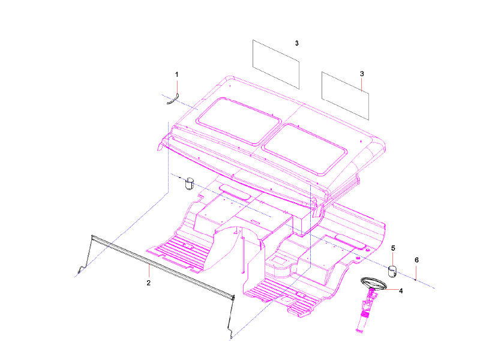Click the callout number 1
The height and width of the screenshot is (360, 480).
tap(177, 74)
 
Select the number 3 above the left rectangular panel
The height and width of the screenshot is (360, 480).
tap(297, 44)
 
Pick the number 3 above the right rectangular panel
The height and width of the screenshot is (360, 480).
tap(362, 74)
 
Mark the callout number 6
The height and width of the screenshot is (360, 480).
tap(416, 260)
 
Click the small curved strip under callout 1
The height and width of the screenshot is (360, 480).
tap(173, 99)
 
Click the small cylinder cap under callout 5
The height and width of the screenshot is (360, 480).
tap(394, 271)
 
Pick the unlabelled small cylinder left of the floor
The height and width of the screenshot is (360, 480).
tap(189, 183)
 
